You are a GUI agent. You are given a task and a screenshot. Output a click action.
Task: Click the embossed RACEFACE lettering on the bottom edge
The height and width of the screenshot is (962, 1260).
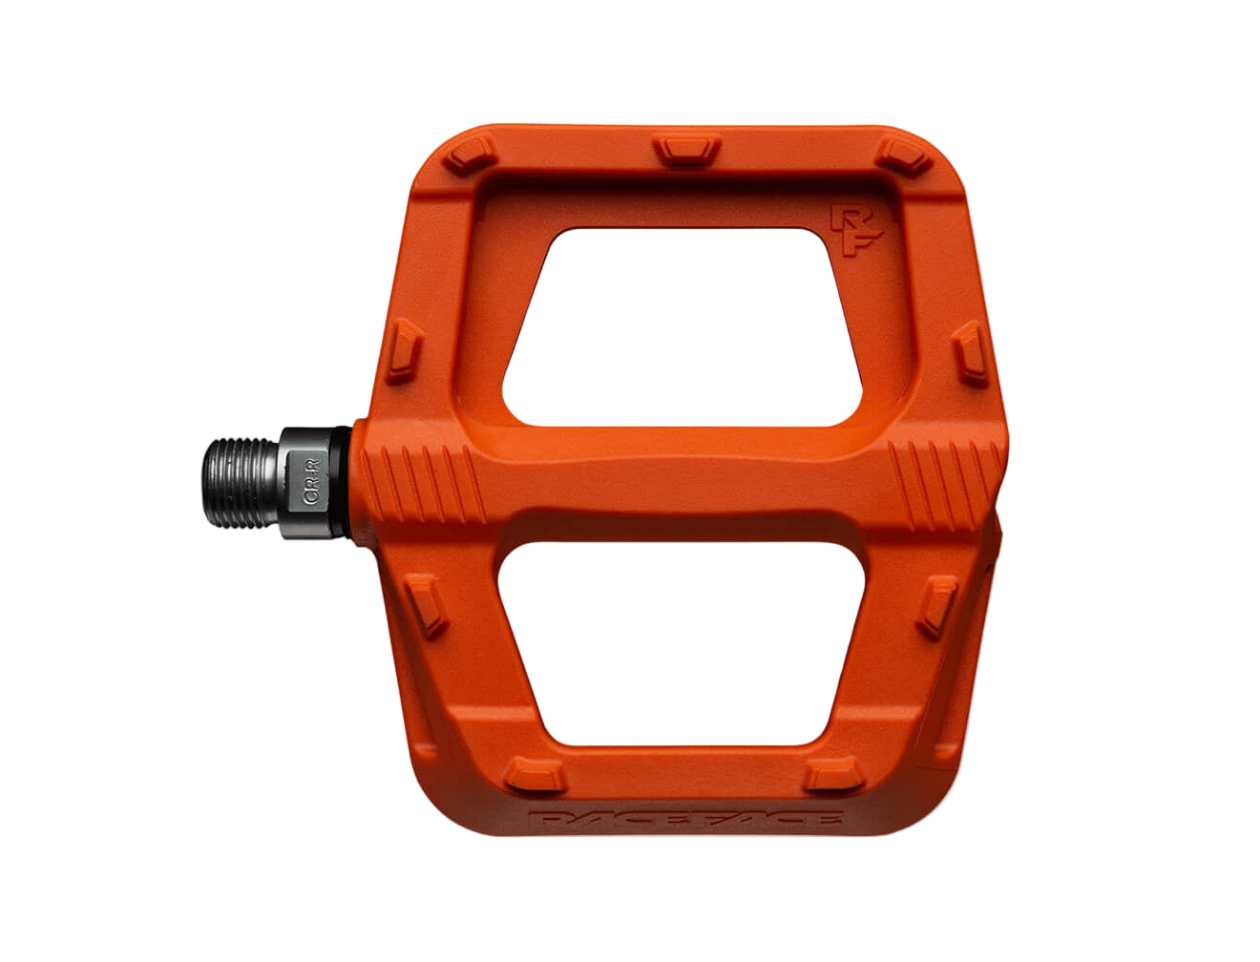tap(685, 820)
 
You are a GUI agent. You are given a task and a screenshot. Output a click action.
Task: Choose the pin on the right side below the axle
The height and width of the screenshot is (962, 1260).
tap(937, 607)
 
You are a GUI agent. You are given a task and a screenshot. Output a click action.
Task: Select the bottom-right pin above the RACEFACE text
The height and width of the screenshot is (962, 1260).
tap(828, 775)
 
